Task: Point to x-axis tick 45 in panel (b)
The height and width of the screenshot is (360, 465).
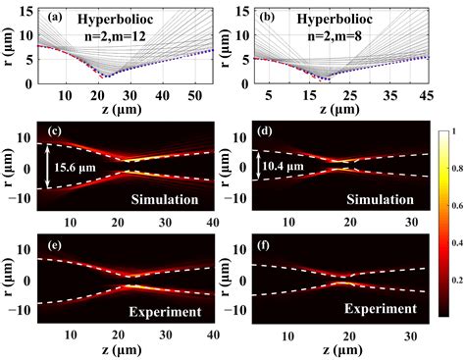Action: [x=425, y=96]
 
